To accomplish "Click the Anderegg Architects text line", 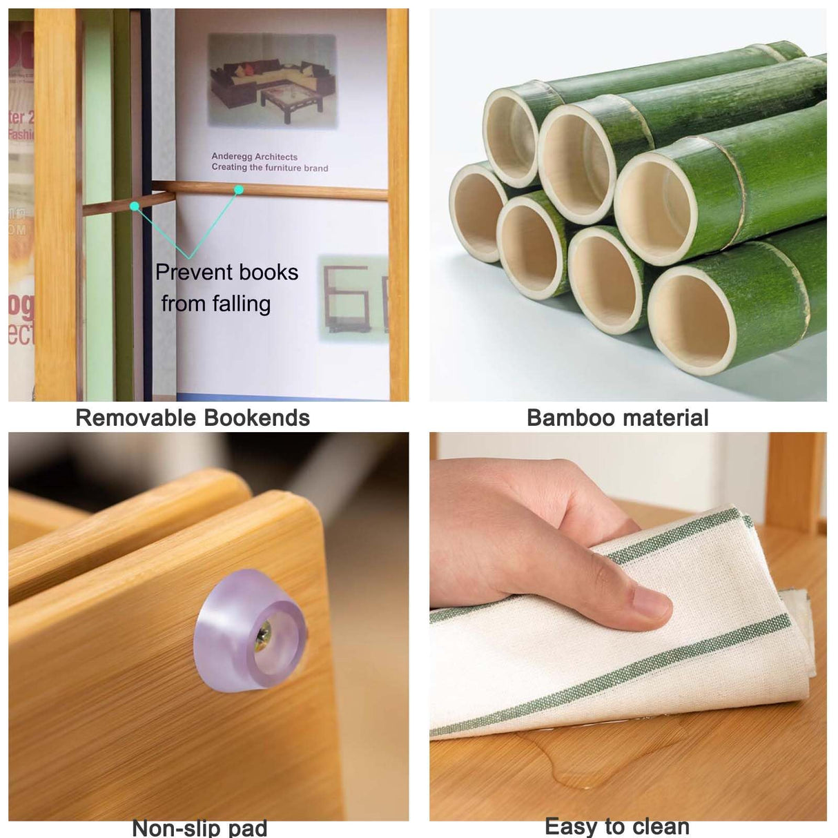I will tap(254, 157).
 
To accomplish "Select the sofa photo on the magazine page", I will tap(272, 81).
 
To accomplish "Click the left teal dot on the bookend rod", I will tap(135, 206).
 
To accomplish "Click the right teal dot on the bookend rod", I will tap(238, 188).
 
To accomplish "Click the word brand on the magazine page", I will tap(315, 168).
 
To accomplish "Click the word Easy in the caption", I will tap(570, 826).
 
